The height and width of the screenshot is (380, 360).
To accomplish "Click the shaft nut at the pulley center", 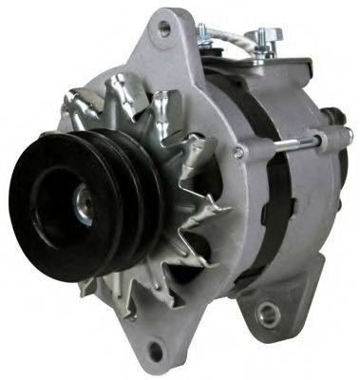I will [x=85, y=210].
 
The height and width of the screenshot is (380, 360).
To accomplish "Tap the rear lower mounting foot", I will [x=271, y=304].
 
